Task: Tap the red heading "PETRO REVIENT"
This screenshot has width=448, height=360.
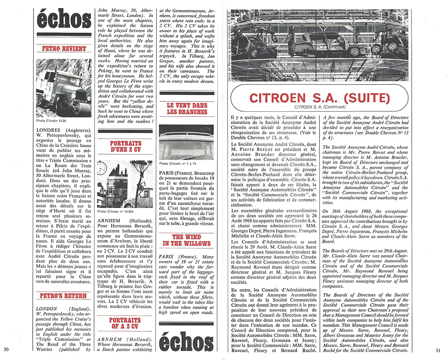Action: tap(64, 48)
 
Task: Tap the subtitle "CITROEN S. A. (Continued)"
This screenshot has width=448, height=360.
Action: tap(319, 108)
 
